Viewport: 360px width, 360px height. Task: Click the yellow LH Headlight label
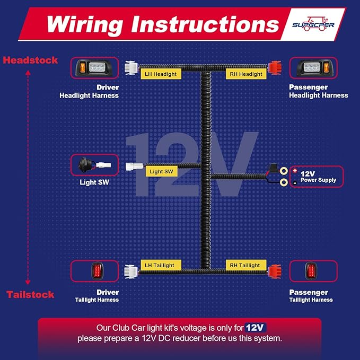[161, 74]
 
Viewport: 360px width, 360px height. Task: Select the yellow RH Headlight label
[246, 74]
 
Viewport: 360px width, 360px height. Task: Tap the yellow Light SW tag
[161, 171]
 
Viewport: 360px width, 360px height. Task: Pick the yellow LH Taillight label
[161, 265]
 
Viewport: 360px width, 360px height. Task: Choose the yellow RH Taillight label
[246, 265]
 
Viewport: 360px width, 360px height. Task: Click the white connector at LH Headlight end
[131, 68]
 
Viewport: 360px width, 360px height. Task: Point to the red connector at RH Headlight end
[275, 68]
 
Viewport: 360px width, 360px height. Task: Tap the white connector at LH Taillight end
[131, 271]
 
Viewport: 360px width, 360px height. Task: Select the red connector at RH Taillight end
[275, 271]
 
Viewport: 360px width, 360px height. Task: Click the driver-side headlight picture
[94, 68]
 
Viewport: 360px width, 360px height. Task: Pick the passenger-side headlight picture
[313, 68]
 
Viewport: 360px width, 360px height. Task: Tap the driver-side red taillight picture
[97, 271]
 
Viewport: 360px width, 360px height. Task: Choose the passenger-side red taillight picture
[311, 271]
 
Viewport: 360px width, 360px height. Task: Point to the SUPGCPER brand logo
[313, 24]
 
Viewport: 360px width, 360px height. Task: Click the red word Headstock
[30, 60]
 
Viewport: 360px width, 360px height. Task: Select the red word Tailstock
[30, 295]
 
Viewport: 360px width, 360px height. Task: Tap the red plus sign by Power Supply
[295, 171]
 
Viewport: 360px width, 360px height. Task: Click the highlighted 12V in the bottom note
[256, 328]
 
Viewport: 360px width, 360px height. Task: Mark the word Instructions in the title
[205, 25]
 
